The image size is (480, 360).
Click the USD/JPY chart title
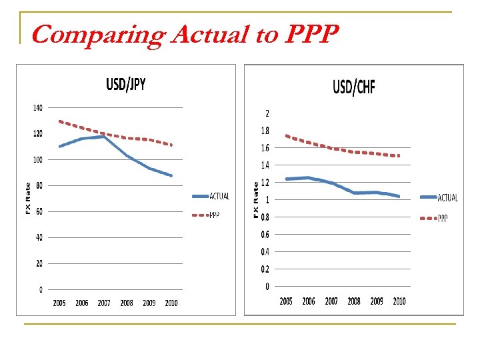(126, 84)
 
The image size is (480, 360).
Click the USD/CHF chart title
(354, 87)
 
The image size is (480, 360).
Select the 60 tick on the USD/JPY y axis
(39, 211)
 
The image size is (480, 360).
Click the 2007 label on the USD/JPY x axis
(104, 303)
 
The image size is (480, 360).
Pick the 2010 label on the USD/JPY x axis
(171, 303)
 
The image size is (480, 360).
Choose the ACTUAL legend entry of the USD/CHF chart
(447, 197)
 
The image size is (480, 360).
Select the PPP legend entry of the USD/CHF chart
(443, 218)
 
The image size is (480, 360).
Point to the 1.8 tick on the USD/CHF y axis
(265, 131)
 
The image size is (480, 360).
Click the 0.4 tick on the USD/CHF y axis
(265, 252)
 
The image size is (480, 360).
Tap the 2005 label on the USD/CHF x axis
(286, 301)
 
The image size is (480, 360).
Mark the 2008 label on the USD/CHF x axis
(354, 301)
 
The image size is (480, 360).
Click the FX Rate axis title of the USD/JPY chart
(28, 198)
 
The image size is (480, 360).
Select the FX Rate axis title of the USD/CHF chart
(255, 198)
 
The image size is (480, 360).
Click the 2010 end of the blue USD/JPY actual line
(171, 176)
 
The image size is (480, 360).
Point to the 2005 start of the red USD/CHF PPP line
(286, 136)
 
